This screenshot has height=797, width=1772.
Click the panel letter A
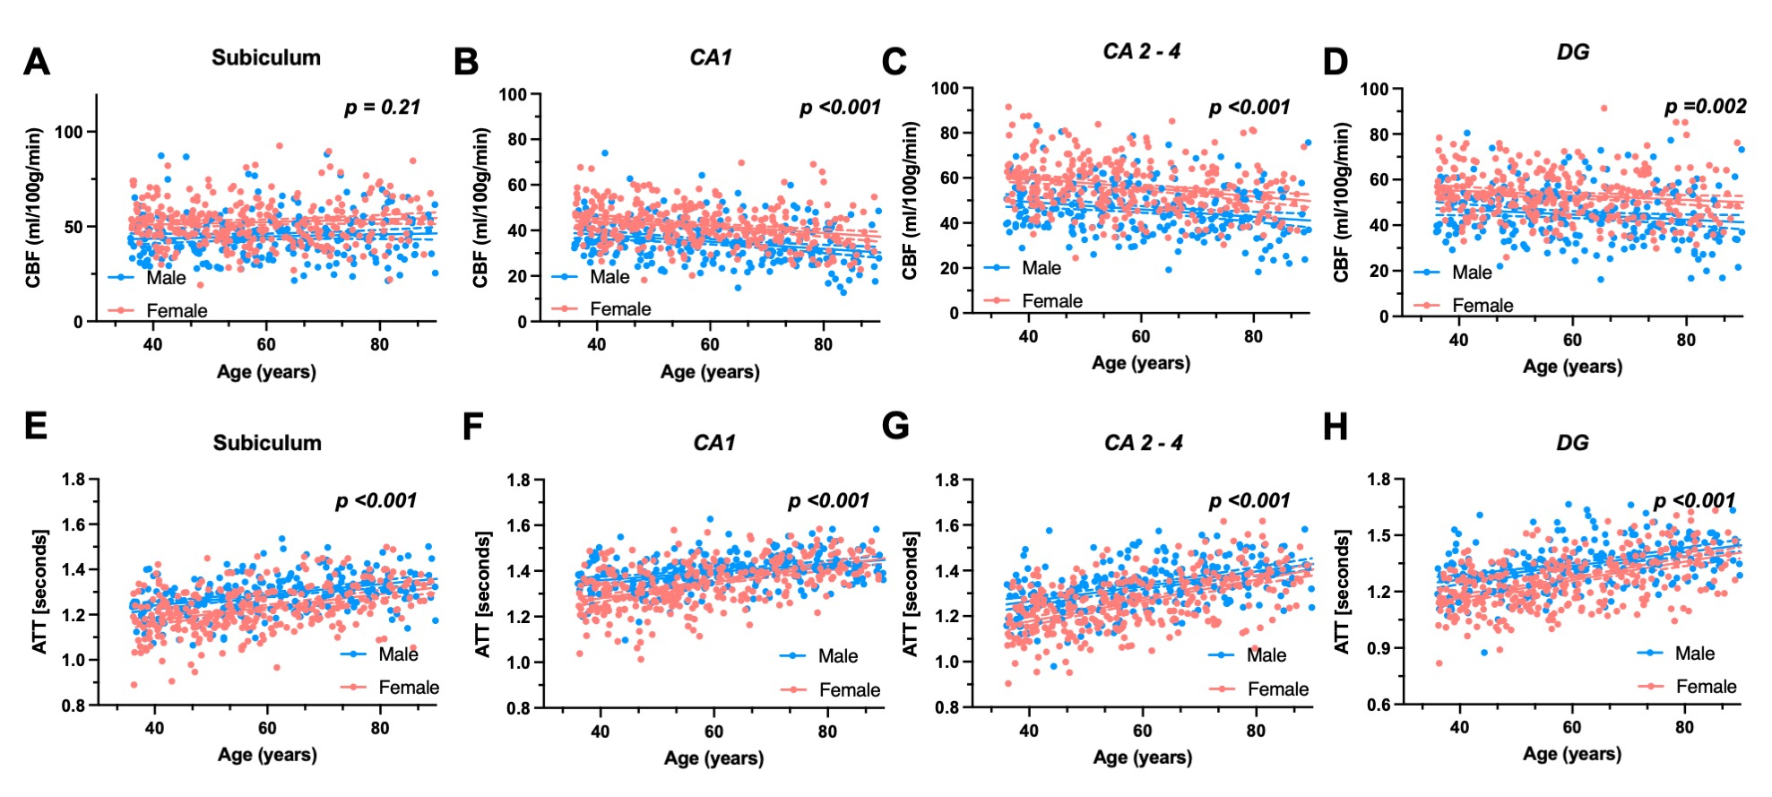[x=37, y=61]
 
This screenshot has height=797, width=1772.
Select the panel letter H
[x=1335, y=427]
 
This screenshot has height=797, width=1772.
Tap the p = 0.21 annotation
[x=382, y=108]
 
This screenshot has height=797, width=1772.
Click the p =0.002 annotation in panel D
[x=1705, y=107]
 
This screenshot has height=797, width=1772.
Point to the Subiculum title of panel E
[x=266, y=443]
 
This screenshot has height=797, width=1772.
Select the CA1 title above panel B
[x=710, y=57]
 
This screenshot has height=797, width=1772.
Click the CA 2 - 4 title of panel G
[x=1143, y=443]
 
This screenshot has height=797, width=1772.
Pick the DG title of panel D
[x=1572, y=52]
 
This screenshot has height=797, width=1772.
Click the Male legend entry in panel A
[x=148, y=278]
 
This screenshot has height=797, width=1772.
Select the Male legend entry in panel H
[x=1676, y=654]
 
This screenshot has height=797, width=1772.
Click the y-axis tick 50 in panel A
[x=73, y=227]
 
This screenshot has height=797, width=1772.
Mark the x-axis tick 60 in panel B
[x=710, y=344]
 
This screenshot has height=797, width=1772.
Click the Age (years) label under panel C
[x=1141, y=363]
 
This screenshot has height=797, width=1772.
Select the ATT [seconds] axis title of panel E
[x=39, y=592]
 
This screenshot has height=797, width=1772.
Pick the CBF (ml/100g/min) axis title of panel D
[x=1341, y=203]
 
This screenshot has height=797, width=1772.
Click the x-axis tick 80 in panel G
[x=1256, y=731]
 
